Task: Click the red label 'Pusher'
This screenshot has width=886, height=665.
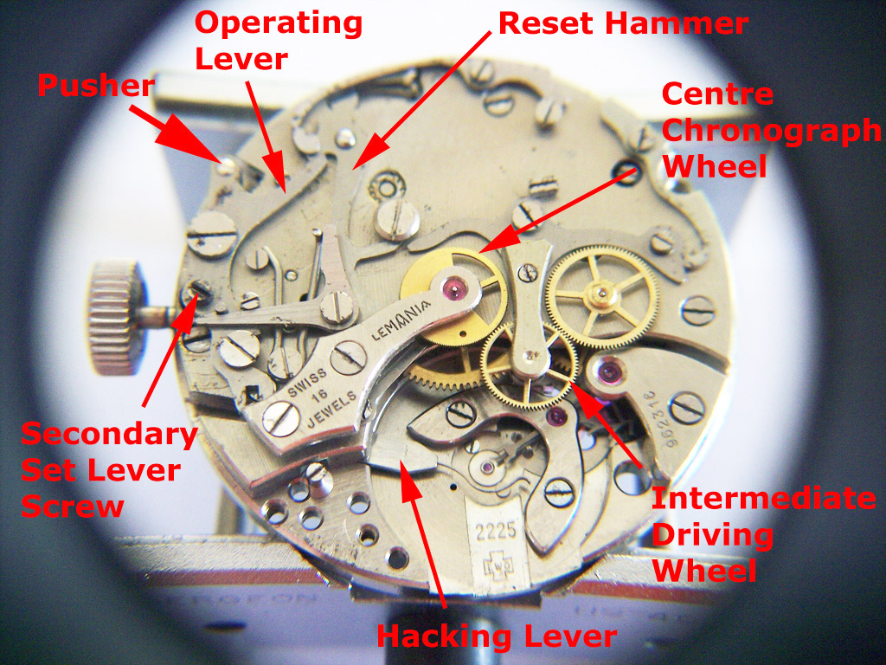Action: [96, 87]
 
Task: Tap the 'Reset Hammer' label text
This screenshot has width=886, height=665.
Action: [624, 23]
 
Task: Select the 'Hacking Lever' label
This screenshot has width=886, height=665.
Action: [497, 636]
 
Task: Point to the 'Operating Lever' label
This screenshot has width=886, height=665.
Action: [279, 42]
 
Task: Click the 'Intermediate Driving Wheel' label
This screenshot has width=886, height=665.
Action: [764, 534]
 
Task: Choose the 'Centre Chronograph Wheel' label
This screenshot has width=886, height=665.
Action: [771, 130]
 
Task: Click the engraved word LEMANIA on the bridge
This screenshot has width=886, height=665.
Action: [401, 319]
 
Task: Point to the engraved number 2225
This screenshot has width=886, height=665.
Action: [496, 532]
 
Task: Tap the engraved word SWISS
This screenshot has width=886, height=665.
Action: [307, 383]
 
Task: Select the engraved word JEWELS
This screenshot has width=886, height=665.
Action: [331, 409]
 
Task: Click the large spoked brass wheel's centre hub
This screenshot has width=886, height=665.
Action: [603, 294]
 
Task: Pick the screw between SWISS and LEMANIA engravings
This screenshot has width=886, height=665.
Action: [348, 358]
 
